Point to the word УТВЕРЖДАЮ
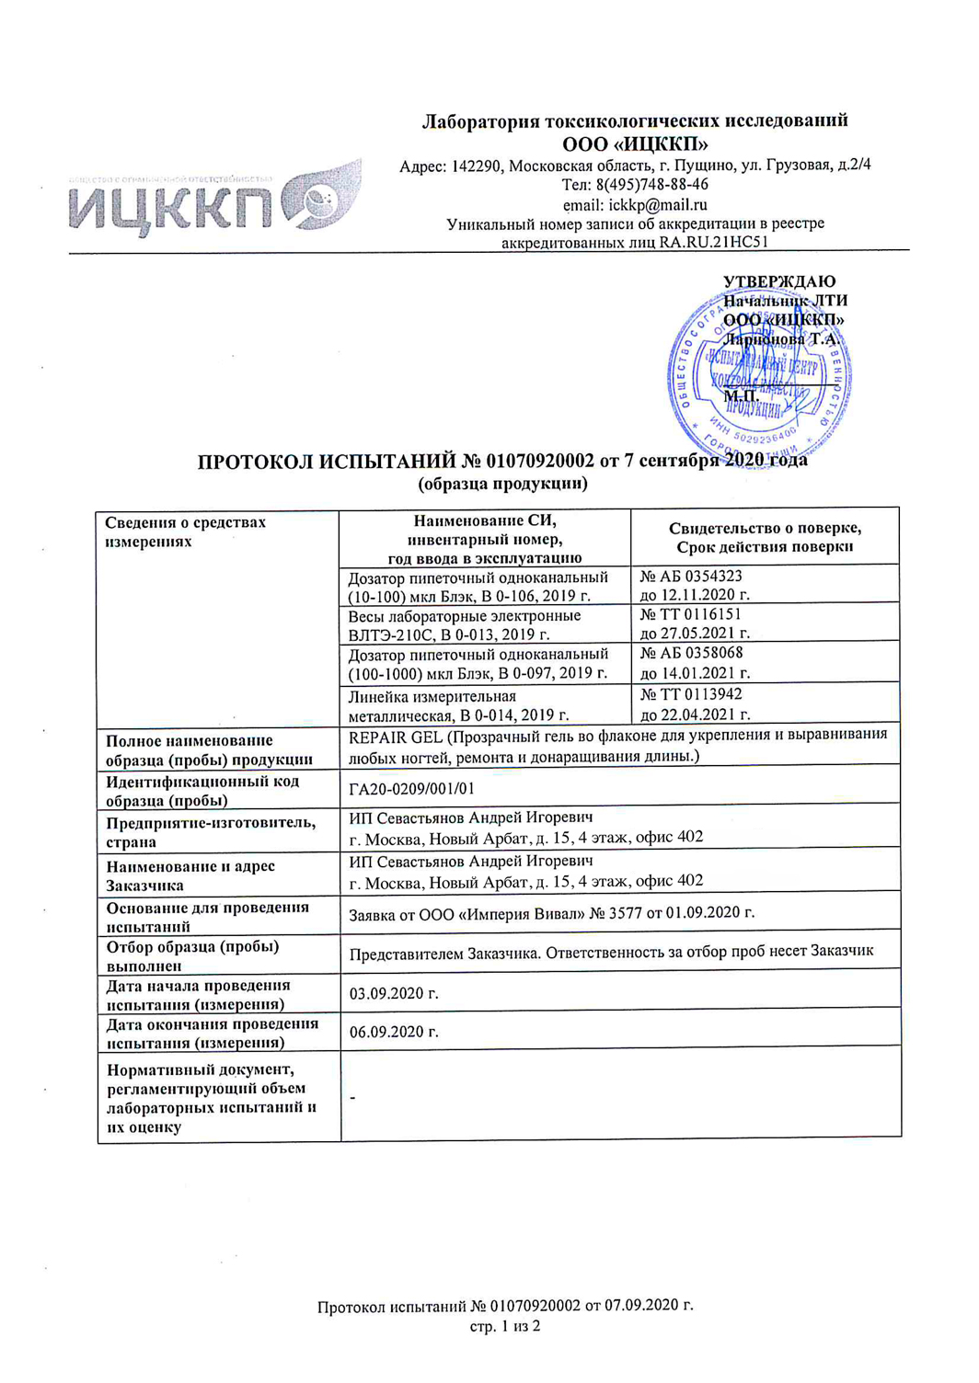[779, 281]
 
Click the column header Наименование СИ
[485, 520]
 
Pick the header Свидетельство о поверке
[765, 528]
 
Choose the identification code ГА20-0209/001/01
[412, 788]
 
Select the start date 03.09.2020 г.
[394, 993]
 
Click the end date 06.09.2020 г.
[394, 1032]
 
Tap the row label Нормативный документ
[201, 1069]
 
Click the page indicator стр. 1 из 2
[505, 1326]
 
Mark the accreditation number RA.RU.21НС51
[713, 243]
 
